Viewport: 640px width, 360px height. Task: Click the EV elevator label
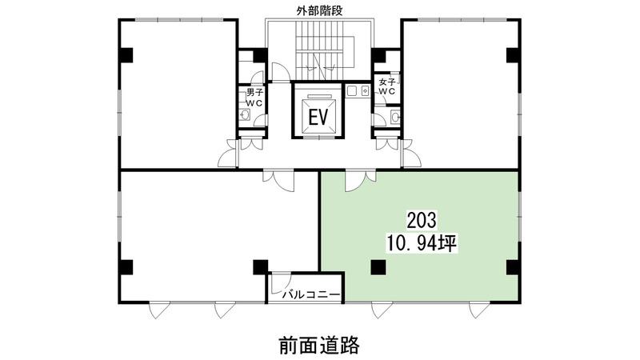coord(318,118)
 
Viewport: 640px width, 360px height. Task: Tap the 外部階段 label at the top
coord(319,11)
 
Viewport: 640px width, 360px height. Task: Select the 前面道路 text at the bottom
coord(319,346)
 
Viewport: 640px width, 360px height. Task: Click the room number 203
coord(422,221)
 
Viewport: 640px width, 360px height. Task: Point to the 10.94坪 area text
coord(421,244)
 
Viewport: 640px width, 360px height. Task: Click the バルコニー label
coord(311,294)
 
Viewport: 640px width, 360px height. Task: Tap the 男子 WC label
coord(254,98)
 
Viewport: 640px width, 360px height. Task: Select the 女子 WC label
coord(387,86)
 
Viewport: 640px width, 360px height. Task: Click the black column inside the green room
coord(378,267)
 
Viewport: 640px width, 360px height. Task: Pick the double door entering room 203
coord(361,181)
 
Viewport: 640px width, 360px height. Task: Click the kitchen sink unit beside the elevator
coord(358,90)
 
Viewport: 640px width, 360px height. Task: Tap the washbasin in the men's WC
coord(245,114)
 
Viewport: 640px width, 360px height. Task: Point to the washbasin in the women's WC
coord(395,117)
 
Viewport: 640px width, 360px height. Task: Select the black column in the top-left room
coord(126,54)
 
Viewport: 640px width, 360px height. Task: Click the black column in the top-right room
coord(513,55)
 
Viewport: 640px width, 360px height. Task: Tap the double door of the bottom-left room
coord(278,179)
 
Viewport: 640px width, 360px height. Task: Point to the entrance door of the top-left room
coord(228,154)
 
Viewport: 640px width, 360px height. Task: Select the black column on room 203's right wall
coord(513,267)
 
